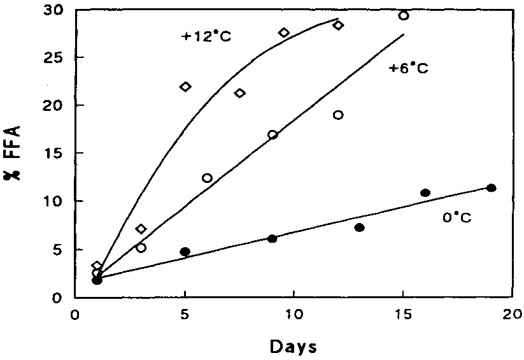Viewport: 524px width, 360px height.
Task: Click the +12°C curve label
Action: (206, 36)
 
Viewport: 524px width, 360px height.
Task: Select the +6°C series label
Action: (408, 68)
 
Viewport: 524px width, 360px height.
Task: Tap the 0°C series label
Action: (457, 217)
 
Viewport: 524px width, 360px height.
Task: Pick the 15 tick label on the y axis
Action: (53, 154)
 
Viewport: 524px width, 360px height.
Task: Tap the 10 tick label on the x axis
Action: (293, 315)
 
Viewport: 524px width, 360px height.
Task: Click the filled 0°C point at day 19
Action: (491, 187)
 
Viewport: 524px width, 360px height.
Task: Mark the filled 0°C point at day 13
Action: (360, 227)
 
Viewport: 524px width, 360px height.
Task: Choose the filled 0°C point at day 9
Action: (272, 238)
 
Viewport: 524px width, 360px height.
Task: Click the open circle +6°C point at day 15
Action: (404, 15)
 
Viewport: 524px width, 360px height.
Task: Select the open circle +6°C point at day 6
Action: (207, 178)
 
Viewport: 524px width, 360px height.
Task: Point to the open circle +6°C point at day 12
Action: (338, 115)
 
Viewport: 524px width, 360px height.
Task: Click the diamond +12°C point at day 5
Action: (185, 87)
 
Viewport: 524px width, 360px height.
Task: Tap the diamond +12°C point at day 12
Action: (338, 25)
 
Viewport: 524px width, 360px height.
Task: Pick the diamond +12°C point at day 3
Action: (141, 229)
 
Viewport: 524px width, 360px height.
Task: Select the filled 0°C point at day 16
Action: (425, 192)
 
